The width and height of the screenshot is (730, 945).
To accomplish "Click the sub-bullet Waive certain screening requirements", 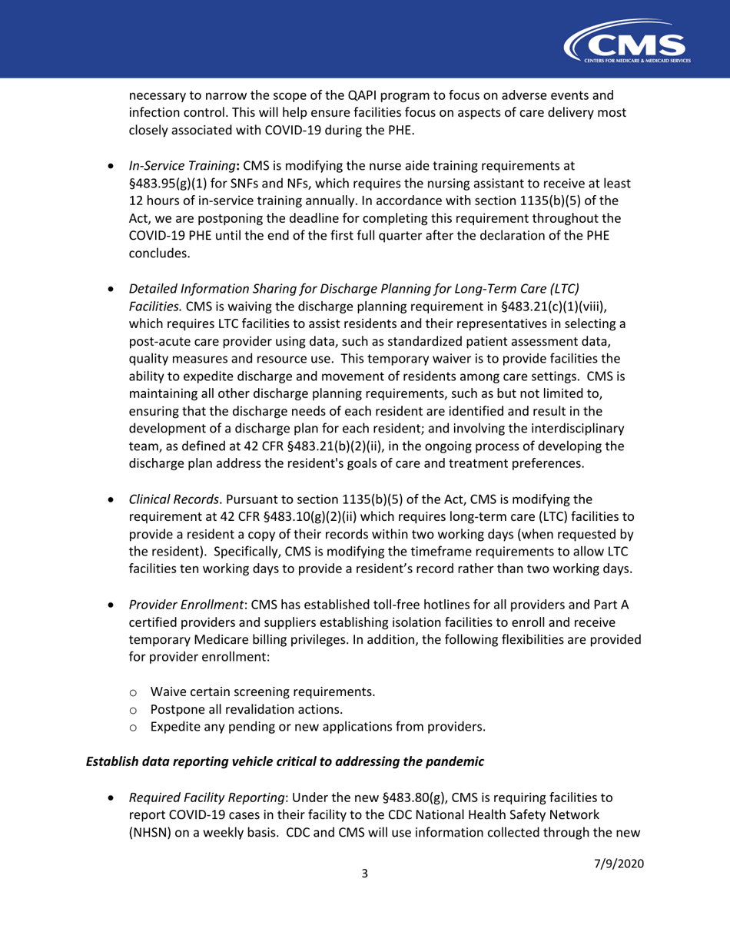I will pyautogui.click(x=263, y=691).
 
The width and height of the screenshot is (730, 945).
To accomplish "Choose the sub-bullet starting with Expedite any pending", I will pyautogui.click(x=318, y=726).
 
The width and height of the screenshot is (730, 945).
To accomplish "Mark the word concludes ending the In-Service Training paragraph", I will pyautogui.click(x=158, y=253).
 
